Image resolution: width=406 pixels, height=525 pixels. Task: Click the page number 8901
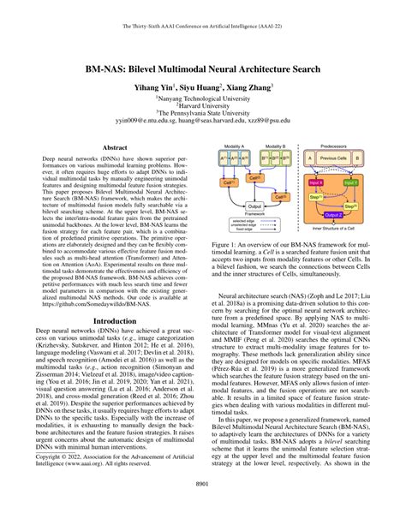click(203, 507)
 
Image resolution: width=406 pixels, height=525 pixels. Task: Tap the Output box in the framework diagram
click(254, 206)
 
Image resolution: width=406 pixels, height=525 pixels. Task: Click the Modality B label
click(274, 147)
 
